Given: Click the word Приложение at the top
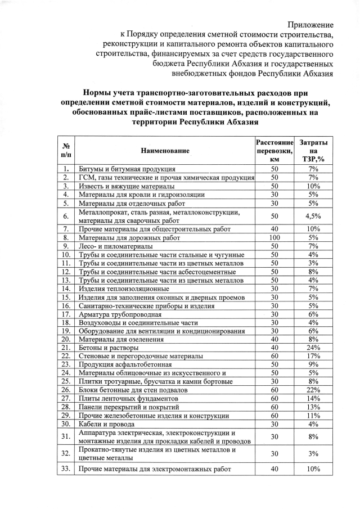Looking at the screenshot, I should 310,25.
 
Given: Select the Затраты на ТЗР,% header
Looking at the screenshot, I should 314,151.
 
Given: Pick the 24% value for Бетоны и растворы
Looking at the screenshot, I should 314,348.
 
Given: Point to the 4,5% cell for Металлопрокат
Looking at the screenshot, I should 314,216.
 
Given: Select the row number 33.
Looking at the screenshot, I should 66,468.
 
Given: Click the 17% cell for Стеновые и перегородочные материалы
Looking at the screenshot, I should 314,356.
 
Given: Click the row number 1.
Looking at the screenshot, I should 66,169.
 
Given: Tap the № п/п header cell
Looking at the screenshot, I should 66,151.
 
